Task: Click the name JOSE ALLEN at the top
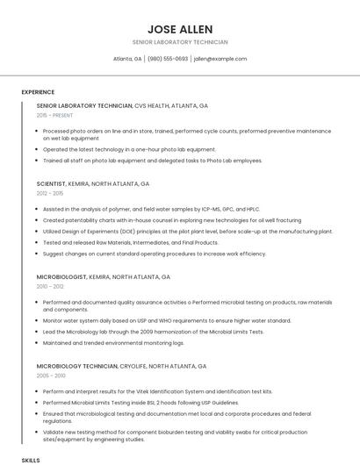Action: pyautogui.click(x=180, y=29)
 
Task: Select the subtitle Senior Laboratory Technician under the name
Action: pyautogui.click(x=180, y=42)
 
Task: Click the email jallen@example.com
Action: pyautogui.click(x=220, y=59)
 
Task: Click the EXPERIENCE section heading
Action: pyautogui.click(x=38, y=92)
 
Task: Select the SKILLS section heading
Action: pyautogui.click(x=31, y=459)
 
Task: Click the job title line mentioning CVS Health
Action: pyautogui.click(x=122, y=105)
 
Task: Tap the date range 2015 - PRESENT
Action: pyautogui.click(x=55, y=115)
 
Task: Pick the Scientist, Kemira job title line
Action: pyautogui.click(x=93, y=184)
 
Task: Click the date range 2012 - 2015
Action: pyautogui.click(x=50, y=193)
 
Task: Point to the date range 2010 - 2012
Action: pyautogui.click(x=50, y=285)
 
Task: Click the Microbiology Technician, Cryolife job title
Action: pyautogui.click(x=121, y=365)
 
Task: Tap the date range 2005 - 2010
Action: pyautogui.click(x=50, y=375)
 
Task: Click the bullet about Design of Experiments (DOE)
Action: pyautogui.click(x=187, y=231)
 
